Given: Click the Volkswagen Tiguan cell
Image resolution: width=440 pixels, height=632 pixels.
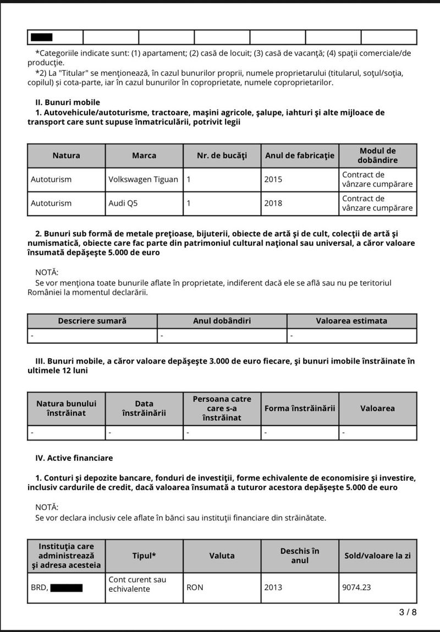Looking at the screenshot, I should coord(143,179).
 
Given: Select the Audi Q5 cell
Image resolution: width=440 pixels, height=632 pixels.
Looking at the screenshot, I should coord(123,203).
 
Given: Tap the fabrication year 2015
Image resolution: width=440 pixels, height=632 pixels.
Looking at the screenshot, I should coord(273,179).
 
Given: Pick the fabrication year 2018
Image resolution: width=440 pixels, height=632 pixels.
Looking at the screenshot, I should coord(273,203).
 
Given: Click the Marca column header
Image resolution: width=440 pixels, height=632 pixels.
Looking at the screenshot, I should coord(144,156).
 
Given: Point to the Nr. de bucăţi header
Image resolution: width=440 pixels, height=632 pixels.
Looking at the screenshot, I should coord(222,156).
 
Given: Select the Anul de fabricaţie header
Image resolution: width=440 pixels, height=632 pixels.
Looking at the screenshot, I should coord(300,156).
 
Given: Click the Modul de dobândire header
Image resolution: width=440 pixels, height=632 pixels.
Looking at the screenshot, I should coord(377,156).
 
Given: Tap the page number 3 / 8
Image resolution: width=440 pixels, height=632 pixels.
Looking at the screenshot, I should coord(408,612).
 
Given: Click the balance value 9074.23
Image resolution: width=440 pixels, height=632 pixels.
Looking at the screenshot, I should coord(356,587).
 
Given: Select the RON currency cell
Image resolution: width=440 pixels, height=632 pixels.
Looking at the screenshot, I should coord(195,587).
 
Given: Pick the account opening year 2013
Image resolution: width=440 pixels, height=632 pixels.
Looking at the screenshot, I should coord(273,587).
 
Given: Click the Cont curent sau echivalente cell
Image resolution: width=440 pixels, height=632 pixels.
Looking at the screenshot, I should coord(137,584).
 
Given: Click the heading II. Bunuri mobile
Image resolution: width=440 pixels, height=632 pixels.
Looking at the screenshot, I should coord(68,102).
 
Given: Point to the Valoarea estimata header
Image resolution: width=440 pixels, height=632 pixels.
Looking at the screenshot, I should coord(351,321).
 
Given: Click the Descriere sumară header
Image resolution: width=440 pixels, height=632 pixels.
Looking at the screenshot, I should coord(92,321).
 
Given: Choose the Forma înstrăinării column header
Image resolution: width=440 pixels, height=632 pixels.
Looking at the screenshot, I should coord(300,408).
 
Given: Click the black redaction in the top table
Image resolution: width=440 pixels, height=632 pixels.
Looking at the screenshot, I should coord(42,37).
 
